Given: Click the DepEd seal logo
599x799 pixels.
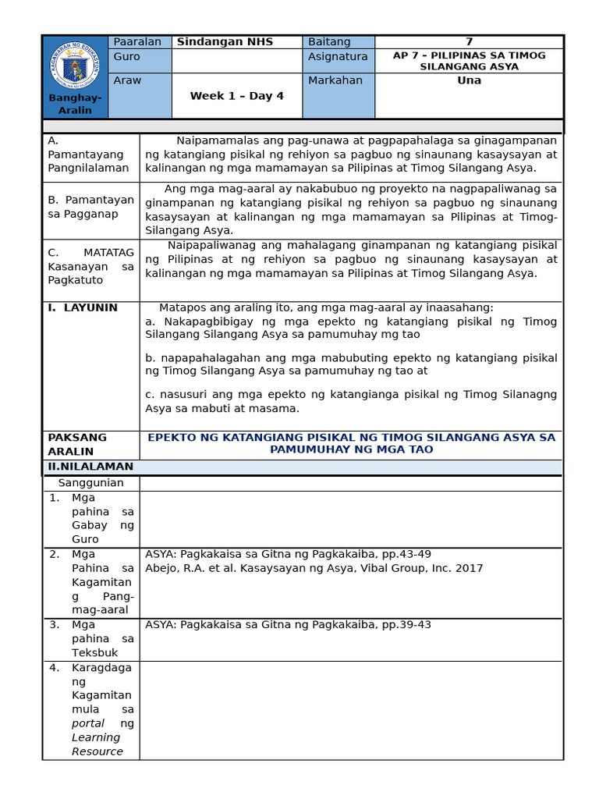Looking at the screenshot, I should [x=75, y=65].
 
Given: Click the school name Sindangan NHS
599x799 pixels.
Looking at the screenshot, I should [x=225, y=42].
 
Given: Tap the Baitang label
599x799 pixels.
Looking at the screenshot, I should [x=329, y=42].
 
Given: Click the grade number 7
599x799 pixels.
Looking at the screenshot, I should [x=469, y=42].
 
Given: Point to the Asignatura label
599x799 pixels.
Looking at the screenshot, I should [x=337, y=57].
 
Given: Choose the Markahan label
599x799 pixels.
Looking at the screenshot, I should [x=335, y=81].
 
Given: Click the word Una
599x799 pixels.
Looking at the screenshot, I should [x=469, y=80].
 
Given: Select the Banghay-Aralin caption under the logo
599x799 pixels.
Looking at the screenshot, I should [x=75, y=104].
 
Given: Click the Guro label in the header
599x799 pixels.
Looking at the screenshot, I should [x=127, y=57].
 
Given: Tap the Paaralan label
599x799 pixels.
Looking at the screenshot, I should [x=137, y=42].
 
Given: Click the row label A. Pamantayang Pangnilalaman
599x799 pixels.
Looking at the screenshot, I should [x=88, y=154].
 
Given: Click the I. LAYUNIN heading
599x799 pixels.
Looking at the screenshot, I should [x=83, y=308].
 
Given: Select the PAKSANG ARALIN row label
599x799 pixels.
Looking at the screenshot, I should [x=77, y=444].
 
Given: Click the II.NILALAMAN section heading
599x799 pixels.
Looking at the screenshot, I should [x=90, y=467].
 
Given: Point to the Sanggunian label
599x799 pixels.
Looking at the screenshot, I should [x=90, y=483].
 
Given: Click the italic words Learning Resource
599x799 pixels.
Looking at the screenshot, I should [x=97, y=744].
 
